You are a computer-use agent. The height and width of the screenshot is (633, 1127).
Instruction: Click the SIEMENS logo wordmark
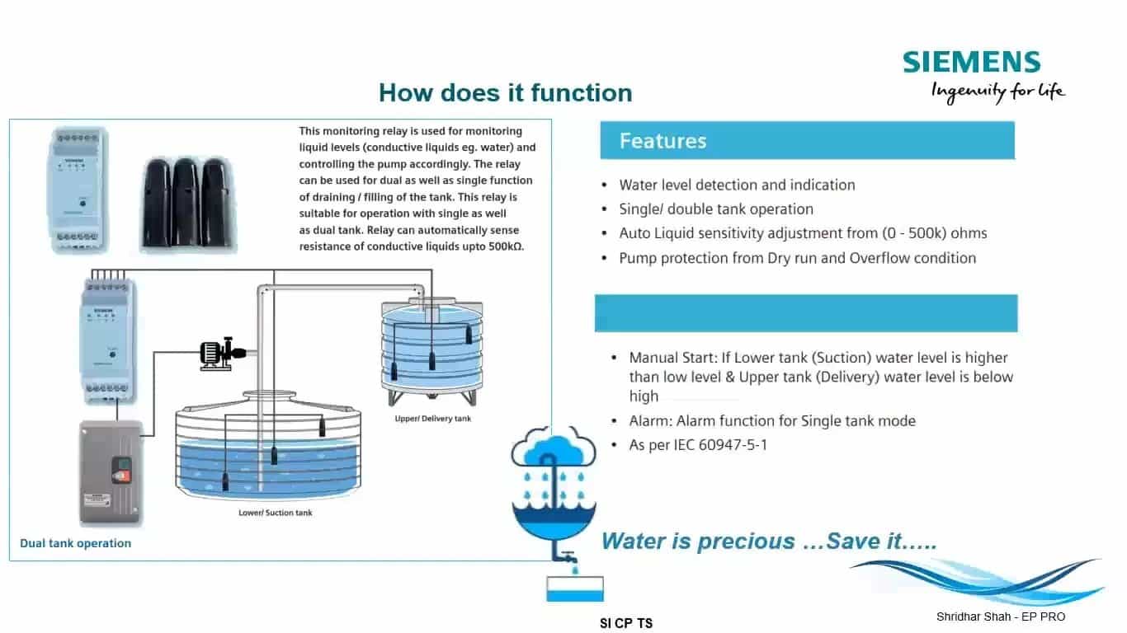point(971,63)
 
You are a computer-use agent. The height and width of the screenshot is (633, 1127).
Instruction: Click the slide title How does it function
point(505,92)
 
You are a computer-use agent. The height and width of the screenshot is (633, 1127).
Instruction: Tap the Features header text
point(663,141)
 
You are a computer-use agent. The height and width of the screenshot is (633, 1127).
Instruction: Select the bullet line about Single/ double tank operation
point(716,209)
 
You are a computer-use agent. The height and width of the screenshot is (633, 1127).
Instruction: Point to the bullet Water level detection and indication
point(737,185)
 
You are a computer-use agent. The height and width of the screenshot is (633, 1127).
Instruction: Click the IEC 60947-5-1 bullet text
point(698,445)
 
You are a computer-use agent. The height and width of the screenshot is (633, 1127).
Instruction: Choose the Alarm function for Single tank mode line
point(772,421)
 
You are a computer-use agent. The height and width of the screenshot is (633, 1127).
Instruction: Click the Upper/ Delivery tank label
point(433,419)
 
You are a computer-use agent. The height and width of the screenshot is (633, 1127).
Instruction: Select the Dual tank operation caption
point(76,543)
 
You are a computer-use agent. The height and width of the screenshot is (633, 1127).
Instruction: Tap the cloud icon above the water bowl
point(553,449)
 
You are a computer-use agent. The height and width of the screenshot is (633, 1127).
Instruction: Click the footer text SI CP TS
point(626,623)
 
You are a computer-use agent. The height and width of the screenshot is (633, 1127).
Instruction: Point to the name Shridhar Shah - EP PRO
point(1001,617)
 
